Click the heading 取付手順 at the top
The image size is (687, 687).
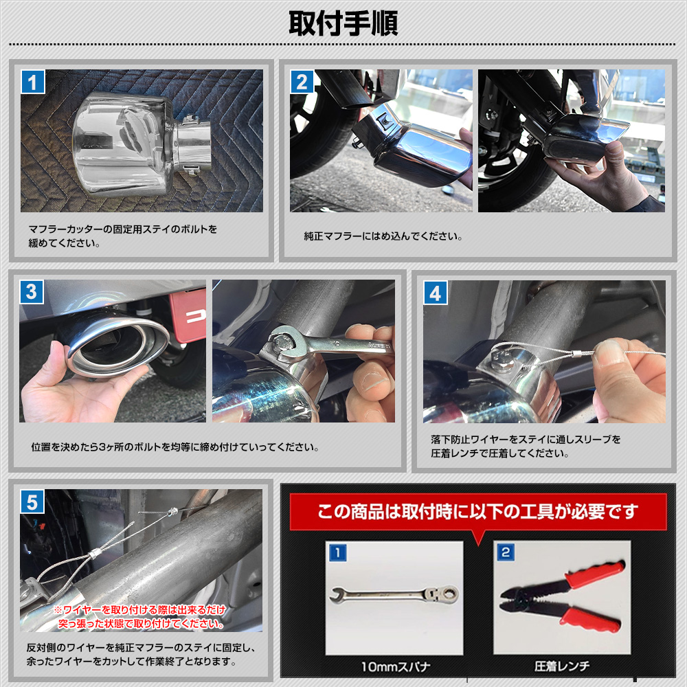[x=343, y=23]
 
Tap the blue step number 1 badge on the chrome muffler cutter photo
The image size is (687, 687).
[x=33, y=82]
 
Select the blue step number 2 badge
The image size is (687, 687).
[x=302, y=82]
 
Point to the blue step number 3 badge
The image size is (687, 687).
[x=32, y=292]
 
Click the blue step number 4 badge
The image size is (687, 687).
[x=436, y=293]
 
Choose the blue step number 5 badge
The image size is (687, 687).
[x=32, y=502]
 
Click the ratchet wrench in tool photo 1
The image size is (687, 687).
[x=394, y=595]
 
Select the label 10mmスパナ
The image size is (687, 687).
[x=395, y=667]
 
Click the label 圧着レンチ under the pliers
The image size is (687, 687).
[x=562, y=667]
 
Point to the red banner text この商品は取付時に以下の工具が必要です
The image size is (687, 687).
[x=477, y=511]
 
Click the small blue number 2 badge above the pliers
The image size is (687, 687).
[x=506, y=552]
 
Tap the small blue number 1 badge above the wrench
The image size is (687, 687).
[x=338, y=553]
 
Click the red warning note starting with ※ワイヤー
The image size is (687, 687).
[x=140, y=616]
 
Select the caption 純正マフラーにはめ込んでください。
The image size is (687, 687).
[x=383, y=236]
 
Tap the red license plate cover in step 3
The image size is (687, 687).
[x=188, y=314]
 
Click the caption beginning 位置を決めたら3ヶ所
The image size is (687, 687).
[x=174, y=447]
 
